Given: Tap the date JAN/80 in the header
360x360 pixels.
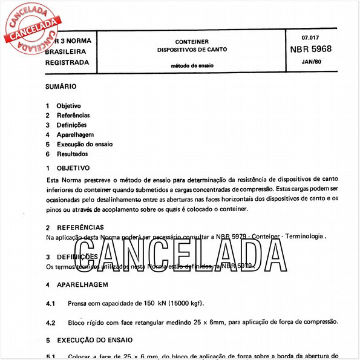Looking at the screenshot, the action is point(311,62).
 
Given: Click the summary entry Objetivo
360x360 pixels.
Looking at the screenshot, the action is point(68,105).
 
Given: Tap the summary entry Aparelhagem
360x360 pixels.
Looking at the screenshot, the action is point(75,134).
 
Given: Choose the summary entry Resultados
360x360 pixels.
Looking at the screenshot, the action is point(72,154).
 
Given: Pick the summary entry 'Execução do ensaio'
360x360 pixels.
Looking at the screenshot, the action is point(85,144).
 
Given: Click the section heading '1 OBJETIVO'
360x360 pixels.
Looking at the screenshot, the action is point(68,168).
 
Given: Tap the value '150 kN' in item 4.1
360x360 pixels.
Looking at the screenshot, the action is point(156,303).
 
